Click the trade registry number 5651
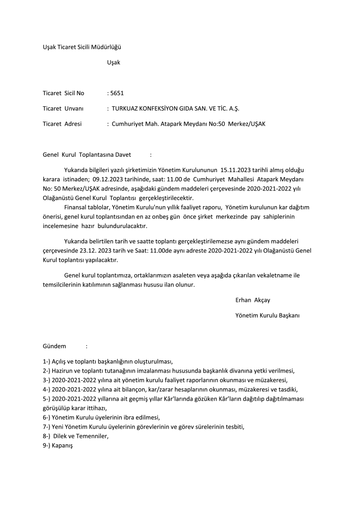pyautogui.click(x=117, y=93)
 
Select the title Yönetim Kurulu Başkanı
pyautogui.click(x=267, y=316)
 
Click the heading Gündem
pyautogui.click(x=54, y=346)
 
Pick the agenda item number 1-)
pyautogui.click(x=47, y=361)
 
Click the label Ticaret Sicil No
pyautogui.click(x=64, y=93)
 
